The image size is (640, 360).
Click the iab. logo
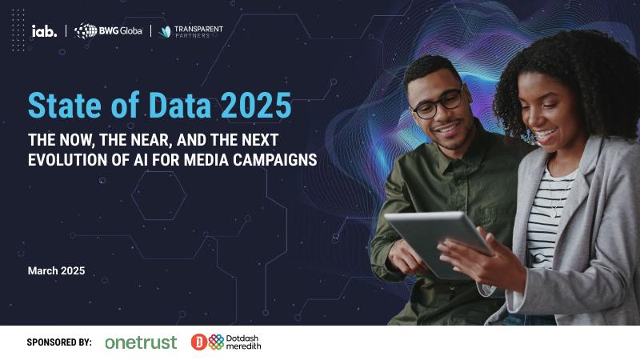(44, 31)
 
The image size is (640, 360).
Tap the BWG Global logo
(108, 31)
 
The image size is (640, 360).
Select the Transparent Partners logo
(190, 31)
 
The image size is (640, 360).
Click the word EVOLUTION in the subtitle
(65, 158)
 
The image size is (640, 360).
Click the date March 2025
(56, 271)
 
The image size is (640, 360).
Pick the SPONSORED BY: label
(59, 342)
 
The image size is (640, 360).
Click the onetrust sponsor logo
(141, 342)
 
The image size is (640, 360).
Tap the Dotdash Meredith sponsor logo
(226, 342)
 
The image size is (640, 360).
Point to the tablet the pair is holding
(436, 240)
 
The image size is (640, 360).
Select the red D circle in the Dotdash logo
(198, 342)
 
